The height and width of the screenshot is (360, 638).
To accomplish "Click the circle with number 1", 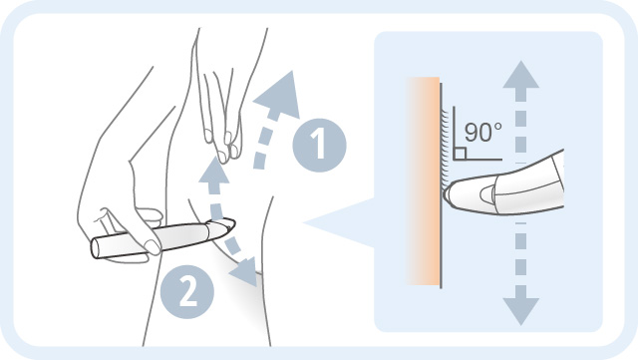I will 318,146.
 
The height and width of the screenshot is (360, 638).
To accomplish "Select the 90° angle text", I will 481,131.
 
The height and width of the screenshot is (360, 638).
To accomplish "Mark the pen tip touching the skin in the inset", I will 450,192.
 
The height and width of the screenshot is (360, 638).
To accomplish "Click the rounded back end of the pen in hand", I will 97,245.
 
